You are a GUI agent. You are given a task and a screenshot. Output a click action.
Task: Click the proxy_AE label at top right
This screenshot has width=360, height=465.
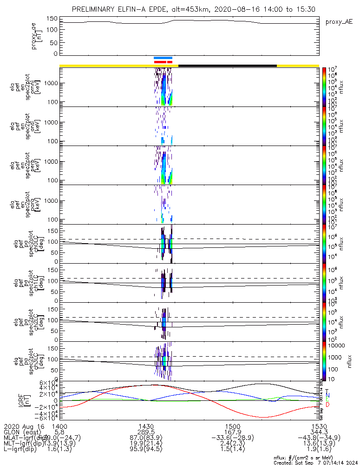(x=339, y=22)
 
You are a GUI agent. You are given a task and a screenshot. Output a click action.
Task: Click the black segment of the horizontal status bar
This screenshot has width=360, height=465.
(x=228, y=66)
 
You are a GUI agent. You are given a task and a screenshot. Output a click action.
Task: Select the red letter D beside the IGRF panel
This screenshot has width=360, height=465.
(x=327, y=405)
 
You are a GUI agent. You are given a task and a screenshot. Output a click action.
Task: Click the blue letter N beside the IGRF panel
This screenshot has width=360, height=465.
(x=327, y=395)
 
